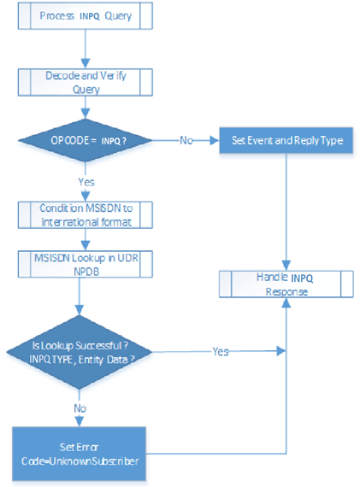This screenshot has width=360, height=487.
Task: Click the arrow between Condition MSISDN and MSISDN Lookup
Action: click(83, 240)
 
